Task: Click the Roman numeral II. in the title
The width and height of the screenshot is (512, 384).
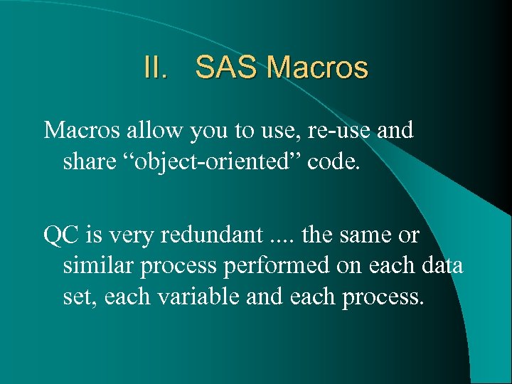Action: point(157,69)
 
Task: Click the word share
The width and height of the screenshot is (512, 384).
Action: point(88,162)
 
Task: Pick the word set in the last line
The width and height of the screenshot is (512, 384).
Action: point(80,297)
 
